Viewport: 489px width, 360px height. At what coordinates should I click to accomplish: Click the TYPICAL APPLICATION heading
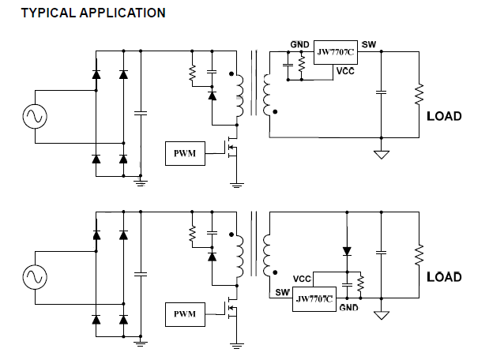pos(92,13)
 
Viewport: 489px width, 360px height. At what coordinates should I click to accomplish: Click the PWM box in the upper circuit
pos(184,153)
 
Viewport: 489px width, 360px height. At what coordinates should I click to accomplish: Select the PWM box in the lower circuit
pos(184,313)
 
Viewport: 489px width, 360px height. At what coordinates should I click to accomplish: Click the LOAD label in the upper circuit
pos(444,116)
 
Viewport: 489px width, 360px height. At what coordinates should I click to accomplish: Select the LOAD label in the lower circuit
pos(444,277)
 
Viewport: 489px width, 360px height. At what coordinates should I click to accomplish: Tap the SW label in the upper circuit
pos(369,44)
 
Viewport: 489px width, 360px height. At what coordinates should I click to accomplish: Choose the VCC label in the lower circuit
pos(302,279)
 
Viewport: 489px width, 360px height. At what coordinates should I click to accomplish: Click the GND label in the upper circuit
pos(299,45)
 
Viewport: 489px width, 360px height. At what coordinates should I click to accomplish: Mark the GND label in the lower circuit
pos(348,307)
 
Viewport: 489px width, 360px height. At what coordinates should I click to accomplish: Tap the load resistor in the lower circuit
pos(419,254)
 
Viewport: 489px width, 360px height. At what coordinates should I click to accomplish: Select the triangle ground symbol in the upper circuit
pos(381,155)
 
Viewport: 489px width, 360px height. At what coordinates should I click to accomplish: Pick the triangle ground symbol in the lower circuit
pos(381,315)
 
